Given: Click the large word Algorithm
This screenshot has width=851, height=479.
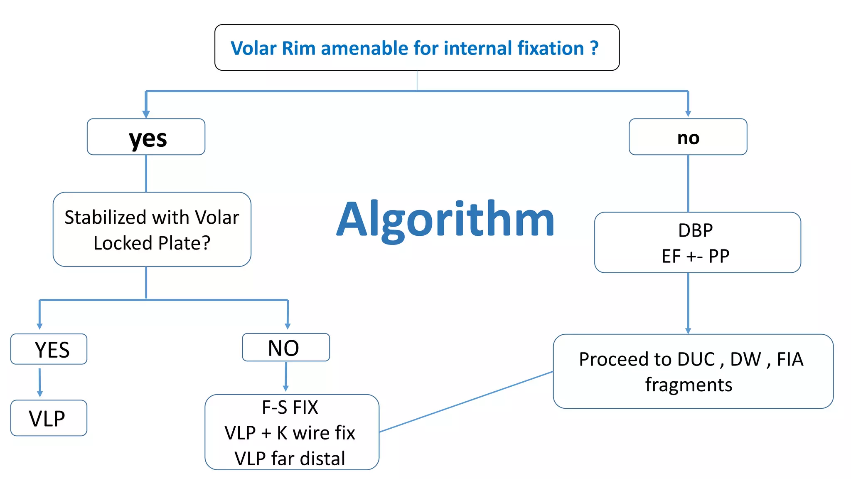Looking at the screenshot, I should click(x=445, y=220).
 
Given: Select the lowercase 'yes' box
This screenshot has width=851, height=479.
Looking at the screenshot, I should click(x=146, y=137).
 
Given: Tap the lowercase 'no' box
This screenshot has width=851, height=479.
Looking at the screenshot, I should click(x=688, y=137).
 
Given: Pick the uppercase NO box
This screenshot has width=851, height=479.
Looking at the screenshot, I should click(x=285, y=348).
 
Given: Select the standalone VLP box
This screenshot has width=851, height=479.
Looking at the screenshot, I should click(x=48, y=418).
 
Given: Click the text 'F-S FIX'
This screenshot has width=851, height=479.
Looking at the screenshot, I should click(x=290, y=407).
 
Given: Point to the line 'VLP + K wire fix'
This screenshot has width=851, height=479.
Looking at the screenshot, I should click(x=290, y=433).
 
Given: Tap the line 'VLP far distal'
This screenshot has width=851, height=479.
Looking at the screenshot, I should click(x=290, y=458).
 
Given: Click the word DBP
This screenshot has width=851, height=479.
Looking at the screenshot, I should click(x=695, y=230).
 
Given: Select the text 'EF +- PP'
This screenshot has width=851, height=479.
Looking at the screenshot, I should click(x=695, y=256).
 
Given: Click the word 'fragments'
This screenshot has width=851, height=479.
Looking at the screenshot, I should click(x=689, y=385).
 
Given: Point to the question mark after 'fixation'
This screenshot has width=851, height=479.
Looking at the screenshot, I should click(x=595, y=48).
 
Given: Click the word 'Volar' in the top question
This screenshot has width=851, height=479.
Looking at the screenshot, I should click(x=253, y=48).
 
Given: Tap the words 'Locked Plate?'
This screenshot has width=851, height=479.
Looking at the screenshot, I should click(x=152, y=243).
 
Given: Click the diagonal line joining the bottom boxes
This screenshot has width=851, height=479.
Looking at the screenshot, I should click(x=465, y=402).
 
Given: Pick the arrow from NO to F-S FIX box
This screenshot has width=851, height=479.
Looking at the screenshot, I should click(x=286, y=377).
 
